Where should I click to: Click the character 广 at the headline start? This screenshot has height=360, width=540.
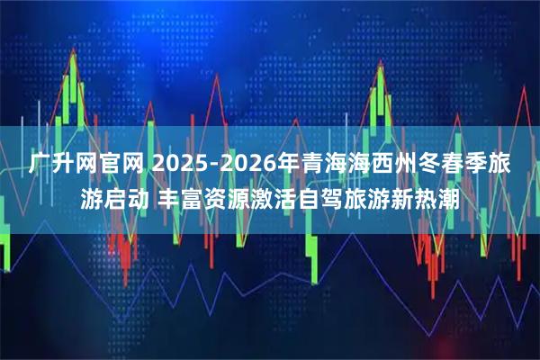click(x=39, y=164)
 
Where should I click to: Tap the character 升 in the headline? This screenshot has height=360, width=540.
click(x=65, y=164)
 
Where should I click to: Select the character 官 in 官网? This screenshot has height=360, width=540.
click(x=116, y=164)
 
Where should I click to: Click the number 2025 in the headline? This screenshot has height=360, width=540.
click(x=179, y=164)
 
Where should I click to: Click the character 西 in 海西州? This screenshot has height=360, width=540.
click(x=388, y=164)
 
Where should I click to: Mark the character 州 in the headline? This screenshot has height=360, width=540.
click(x=413, y=164)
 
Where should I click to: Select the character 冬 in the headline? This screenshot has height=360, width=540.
click(x=438, y=164)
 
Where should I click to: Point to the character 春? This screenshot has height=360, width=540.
click(x=463, y=164)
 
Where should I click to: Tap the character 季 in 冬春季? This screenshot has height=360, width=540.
click(x=489, y=164)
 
